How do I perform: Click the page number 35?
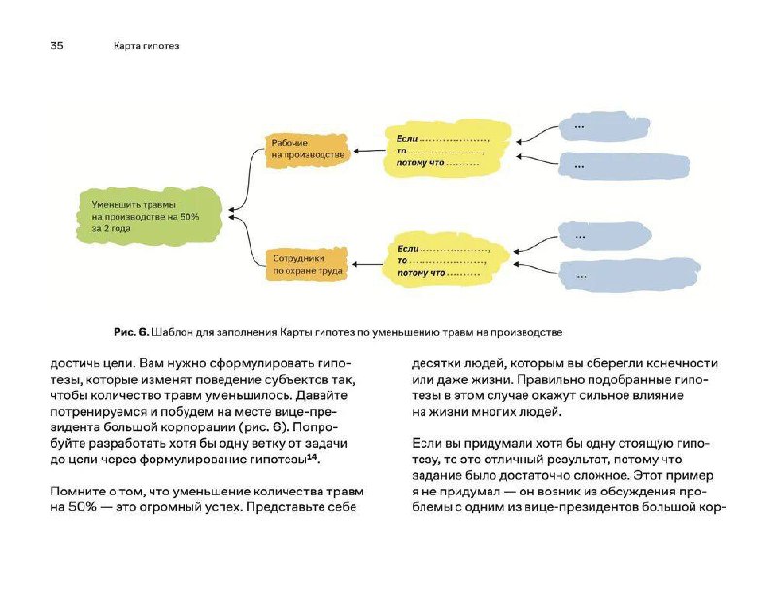pos(57,45)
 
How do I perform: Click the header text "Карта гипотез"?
pos(146,46)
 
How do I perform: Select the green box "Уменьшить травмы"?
pos(149,216)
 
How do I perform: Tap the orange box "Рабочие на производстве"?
pos(307,150)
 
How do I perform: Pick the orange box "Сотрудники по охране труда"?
pos(307,264)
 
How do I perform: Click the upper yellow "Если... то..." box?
pos(448,151)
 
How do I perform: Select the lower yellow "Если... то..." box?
pos(445,260)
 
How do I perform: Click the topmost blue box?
pos(604,127)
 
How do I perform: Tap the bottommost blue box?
pos(629,276)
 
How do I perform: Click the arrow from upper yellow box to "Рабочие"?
pos(369,151)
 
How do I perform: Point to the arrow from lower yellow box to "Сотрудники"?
pos(367,264)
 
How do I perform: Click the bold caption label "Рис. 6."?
pos(131,332)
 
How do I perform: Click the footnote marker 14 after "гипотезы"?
pos(312,457)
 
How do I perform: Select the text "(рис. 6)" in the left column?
pos(266,427)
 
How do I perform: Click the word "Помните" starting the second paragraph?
pos(78,492)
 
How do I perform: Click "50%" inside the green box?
pos(188,217)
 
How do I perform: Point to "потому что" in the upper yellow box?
pos(421,162)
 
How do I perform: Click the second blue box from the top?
pos(624,165)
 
